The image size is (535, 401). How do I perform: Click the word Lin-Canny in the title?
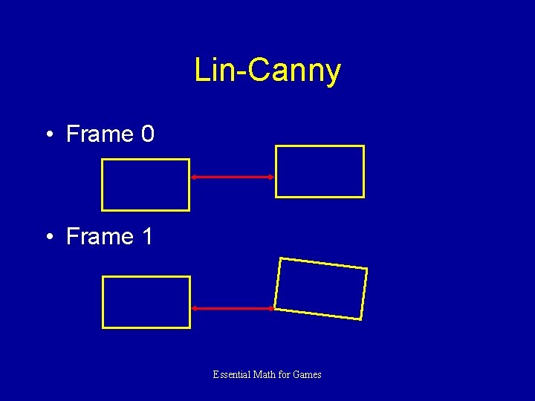(267, 71)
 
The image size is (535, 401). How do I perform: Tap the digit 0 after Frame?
(147, 134)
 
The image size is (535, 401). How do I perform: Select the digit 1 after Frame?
(147, 237)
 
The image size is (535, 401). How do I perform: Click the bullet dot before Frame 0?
(48, 135)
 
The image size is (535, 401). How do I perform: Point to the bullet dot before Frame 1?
(48, 238)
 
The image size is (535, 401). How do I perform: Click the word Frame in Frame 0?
(99, 134)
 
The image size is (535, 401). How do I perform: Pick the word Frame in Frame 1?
(99, 237)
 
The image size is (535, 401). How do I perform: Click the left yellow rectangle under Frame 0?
(146, 185)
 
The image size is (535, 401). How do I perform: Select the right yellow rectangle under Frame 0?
(320, 172)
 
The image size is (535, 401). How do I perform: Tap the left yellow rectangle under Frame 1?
(146, 301)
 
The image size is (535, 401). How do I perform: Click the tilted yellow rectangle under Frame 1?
(321, 289)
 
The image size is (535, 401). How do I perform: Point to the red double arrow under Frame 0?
(233, 177)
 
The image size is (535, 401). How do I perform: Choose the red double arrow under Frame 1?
(233, 307)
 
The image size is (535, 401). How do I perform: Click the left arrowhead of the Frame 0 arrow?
(194, 177)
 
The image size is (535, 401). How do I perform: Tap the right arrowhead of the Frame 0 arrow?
(271, 177)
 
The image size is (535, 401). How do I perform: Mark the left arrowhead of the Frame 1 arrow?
(194, 307)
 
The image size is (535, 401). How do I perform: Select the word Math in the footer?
(265, 375)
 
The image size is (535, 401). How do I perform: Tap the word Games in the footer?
(307, 375)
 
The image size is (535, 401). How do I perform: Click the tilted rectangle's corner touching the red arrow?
(274, 307)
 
